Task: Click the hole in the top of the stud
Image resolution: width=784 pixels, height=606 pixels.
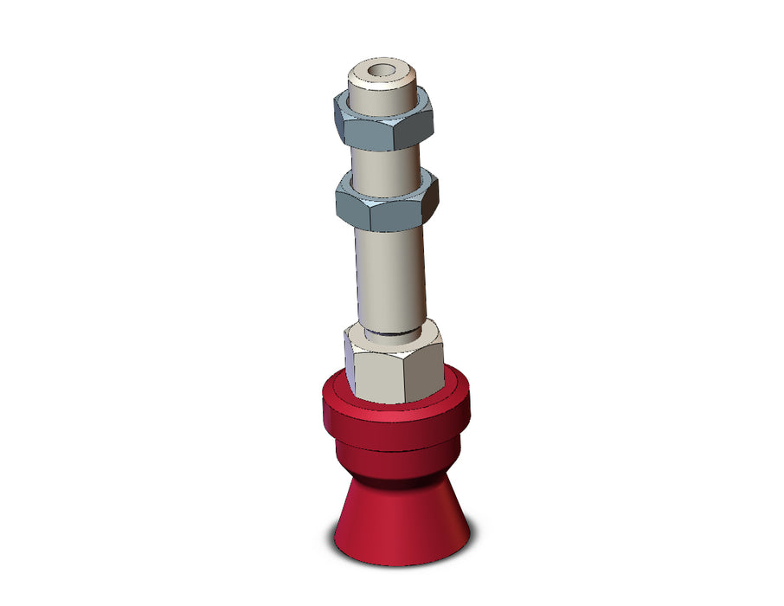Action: tap(378, 69)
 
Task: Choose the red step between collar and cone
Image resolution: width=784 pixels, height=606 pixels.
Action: tap(398, 459)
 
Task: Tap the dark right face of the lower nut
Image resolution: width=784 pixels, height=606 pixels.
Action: tap(424, 208)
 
